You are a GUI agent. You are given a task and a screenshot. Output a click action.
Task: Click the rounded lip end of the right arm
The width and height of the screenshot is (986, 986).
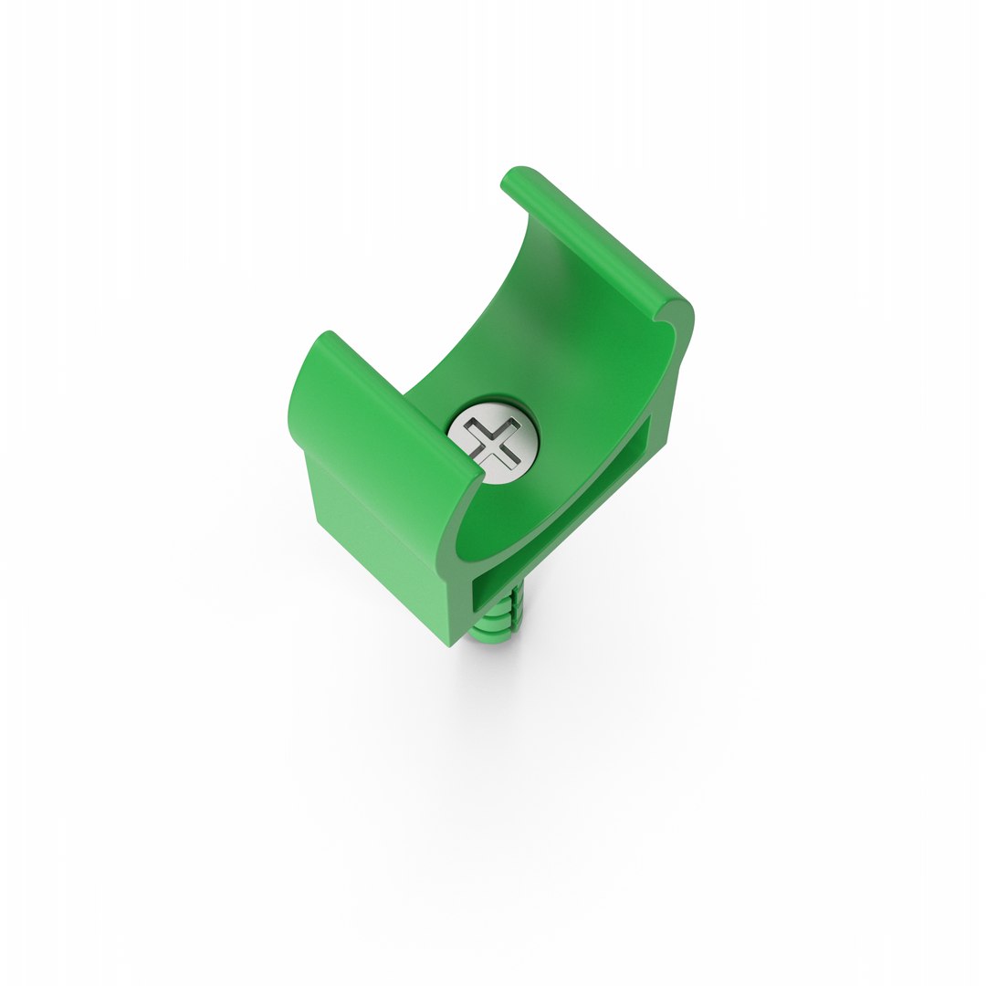pos(679,316)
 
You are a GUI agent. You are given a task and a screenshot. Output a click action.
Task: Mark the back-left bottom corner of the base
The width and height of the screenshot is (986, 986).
pos(319,521)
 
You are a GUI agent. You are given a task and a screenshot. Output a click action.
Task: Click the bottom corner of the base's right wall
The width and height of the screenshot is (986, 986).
pos(666,443)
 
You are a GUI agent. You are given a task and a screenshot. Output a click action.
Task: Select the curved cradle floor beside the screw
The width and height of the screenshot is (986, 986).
pos(548,484)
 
